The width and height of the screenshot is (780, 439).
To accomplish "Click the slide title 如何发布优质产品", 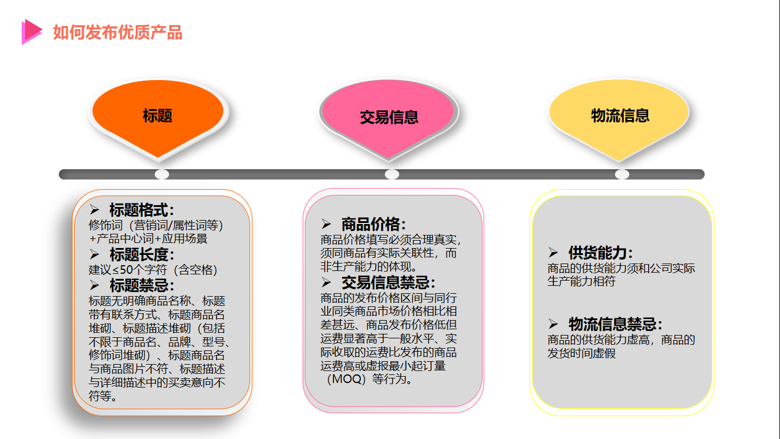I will click(x=118, y=33).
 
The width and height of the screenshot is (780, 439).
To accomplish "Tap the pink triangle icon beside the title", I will click(x=31, y=31).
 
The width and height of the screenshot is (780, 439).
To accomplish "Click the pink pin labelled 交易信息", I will click(x=389, y=117).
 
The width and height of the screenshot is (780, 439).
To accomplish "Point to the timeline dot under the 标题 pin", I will click(x=162, y=174).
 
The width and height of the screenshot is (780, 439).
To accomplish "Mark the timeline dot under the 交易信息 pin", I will click(x=392, y=174).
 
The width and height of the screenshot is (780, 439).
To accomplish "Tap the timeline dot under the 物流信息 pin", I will click(x=622, y=174).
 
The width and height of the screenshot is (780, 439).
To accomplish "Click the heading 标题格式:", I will click(x=142, y=210).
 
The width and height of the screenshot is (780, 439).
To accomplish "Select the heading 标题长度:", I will click(x=142, y=254).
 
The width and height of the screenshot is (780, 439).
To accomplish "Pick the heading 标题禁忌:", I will click(x=142, y=285).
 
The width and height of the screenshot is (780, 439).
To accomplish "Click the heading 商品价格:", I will click(x=373, y=225).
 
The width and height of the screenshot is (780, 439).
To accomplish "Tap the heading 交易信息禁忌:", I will click(x=388, y=282).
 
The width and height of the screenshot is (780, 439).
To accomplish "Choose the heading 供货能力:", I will click(x=601, y=253).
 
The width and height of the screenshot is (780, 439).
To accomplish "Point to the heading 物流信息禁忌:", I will click(x=616, y=325).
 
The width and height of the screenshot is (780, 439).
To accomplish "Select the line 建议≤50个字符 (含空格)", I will click(x=153, y=270).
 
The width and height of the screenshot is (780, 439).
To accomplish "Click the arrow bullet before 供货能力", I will click(x=553, y=253).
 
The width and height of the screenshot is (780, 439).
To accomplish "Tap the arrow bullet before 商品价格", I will click(x=326, y=225).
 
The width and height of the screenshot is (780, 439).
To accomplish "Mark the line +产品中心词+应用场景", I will click(x=148, y=239).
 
